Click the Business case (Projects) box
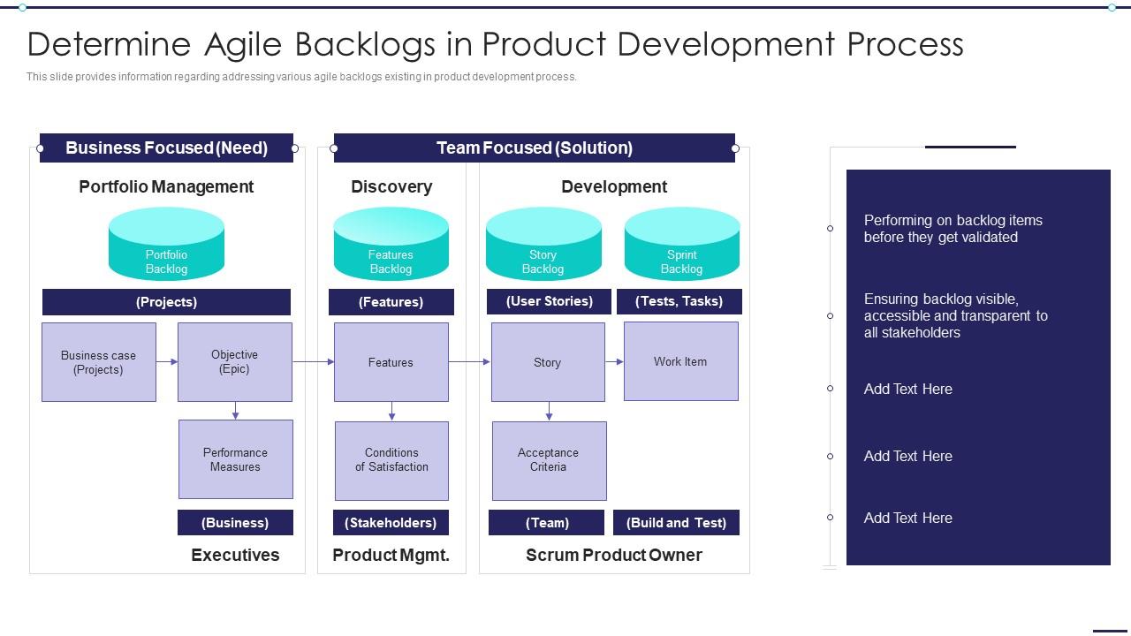point(99,362)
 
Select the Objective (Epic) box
point(235,362)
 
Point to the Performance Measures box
point(235,459)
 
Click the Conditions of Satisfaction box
point(391,460)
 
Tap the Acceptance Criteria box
point(549,460)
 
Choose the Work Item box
point(680,361)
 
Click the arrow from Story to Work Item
point(614,361)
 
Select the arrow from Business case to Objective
point(167,361)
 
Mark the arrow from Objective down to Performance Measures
point(235,411)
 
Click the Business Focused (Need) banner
point(166,148)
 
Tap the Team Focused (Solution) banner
point(534,148)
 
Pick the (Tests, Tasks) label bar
point(679,301)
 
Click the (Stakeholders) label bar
point(391,523)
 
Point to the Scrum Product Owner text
point(613,555)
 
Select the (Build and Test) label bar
point(676,523)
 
